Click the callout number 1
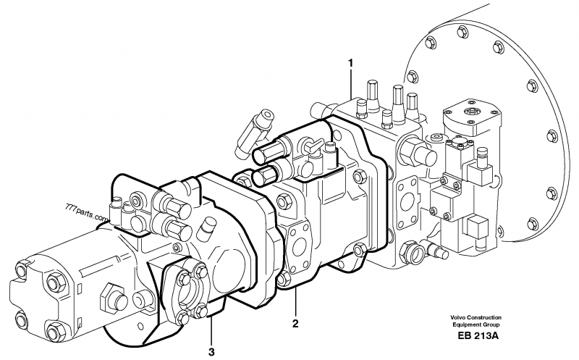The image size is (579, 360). tap(351, 63)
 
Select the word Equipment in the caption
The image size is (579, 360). tap(457, 325)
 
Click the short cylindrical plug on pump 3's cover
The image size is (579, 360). tap(205, 230)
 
